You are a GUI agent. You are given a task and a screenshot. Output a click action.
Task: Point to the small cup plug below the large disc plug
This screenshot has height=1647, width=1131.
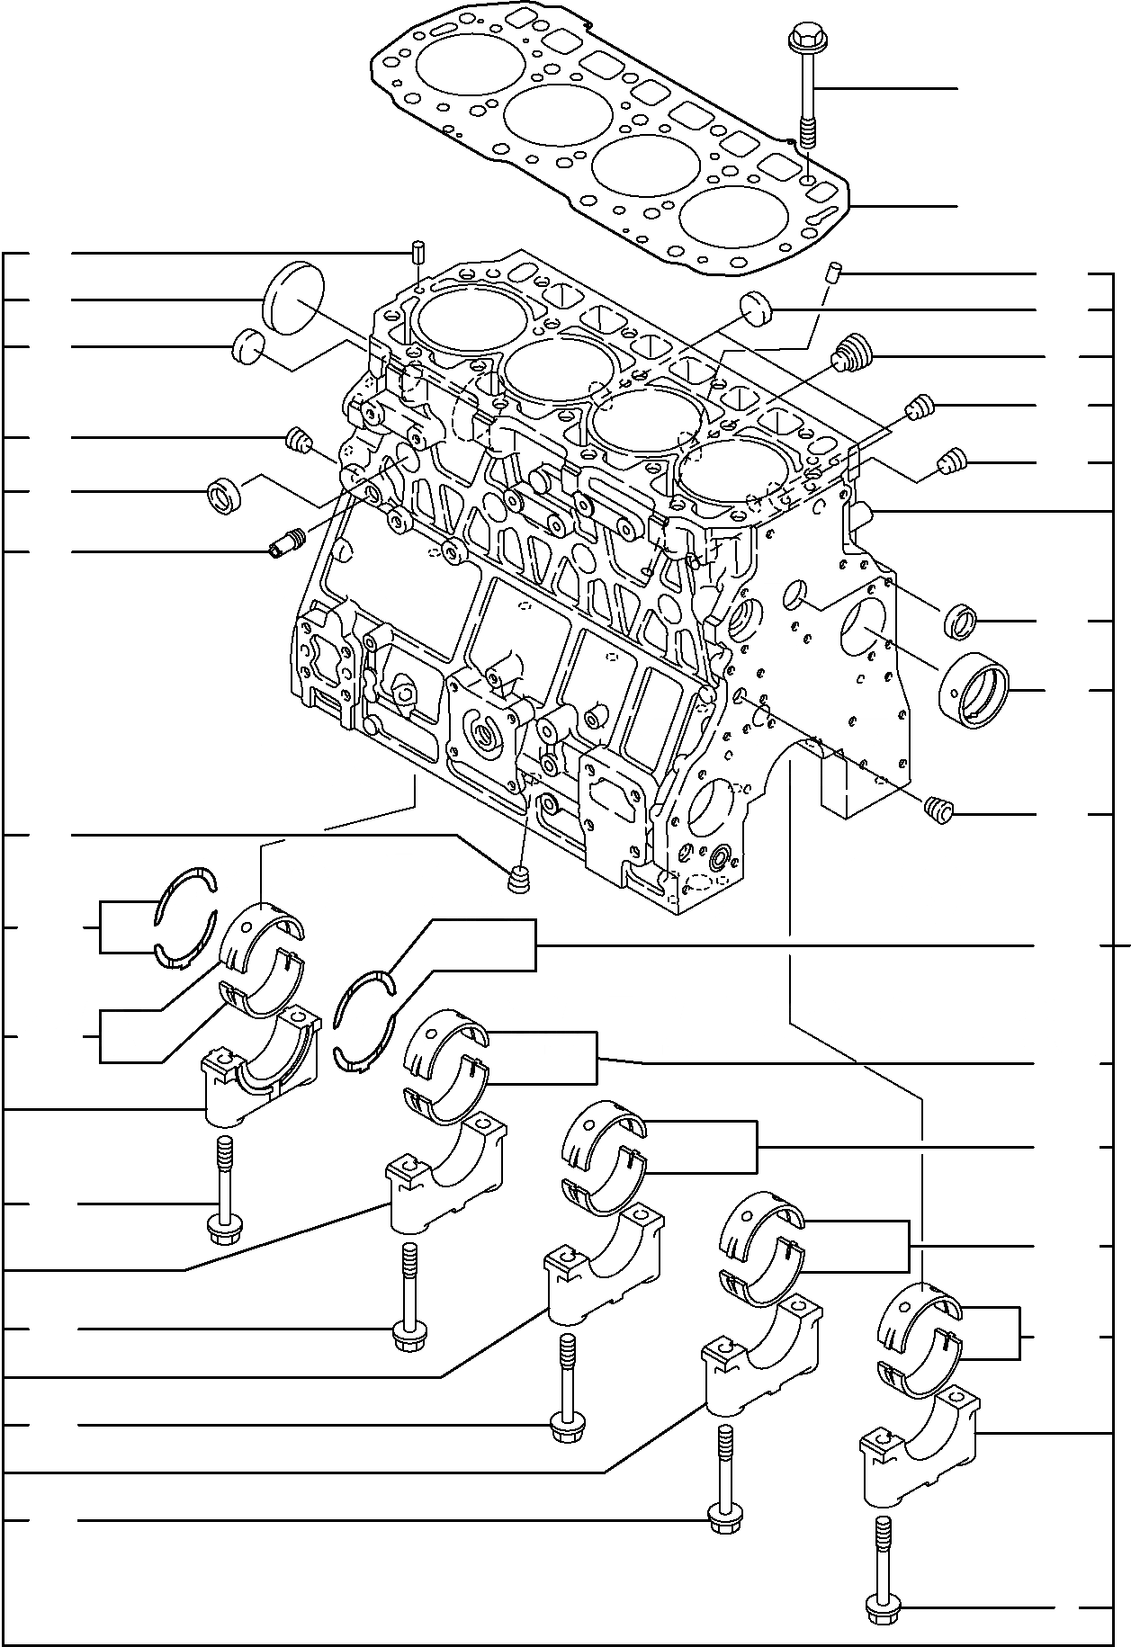tap(249, 346)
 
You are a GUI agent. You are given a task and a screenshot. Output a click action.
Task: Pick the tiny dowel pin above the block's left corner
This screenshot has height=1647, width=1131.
tap(417, 250)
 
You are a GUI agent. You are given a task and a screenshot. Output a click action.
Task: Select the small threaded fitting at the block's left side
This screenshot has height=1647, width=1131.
tap(288, 542)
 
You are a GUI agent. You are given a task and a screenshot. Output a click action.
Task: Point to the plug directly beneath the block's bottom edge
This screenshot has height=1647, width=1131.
tap(519, 878)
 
